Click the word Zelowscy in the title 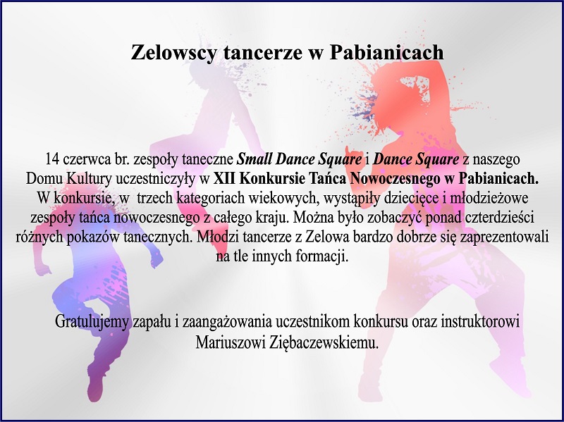[x=173, y=53]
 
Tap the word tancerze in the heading [x=262, y=52]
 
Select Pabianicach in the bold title [x=386, y=52]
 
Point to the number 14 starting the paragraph [x=52, y=159]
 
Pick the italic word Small [x=254, y=159]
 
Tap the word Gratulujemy [x=92, y=322]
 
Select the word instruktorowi [x=480, y=322]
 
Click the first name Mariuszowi [x=231, y=342]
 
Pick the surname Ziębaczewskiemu [x=324, y=342]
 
